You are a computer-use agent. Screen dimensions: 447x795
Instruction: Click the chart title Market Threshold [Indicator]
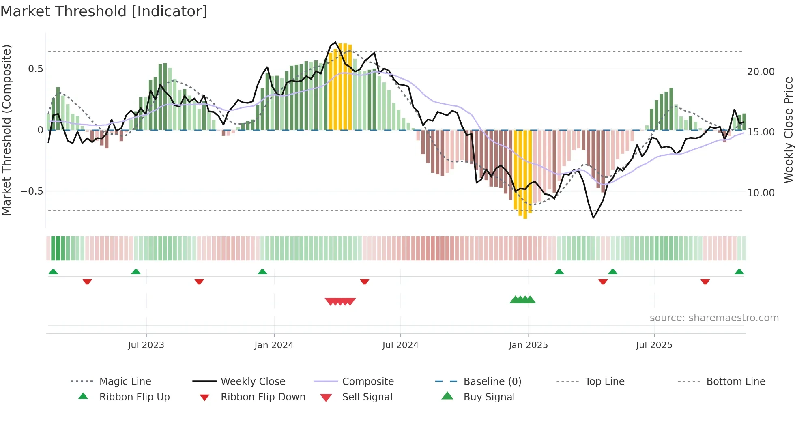click(x=104, y=11)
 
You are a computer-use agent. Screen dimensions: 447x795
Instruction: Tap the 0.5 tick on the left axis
click(x=35, y=69)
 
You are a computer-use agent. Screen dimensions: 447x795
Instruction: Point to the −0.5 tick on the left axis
click(x=32, y=191)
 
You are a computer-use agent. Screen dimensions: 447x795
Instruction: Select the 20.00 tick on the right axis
click(x=761, y=72)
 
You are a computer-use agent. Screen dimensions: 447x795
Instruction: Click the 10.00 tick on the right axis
click(x=761, y=193)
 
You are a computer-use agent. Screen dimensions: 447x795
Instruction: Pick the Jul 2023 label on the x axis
click(x=146, y=345)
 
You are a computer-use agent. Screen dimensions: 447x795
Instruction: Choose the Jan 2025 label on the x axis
click(x=528, y=345)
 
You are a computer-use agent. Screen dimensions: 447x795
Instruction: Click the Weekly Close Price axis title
click(x=788, y=130)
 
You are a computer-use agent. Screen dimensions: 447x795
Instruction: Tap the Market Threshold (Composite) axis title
click(x=6, y=130)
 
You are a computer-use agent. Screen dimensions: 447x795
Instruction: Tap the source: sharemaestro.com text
click(x=714, y=318)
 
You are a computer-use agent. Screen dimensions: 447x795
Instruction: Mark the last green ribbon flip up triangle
click(x=739, y=272)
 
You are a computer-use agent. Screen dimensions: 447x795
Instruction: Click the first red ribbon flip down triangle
click(x=87, y=282)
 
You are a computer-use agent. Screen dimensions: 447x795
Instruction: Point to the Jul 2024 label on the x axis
click(x=400, y=345)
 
